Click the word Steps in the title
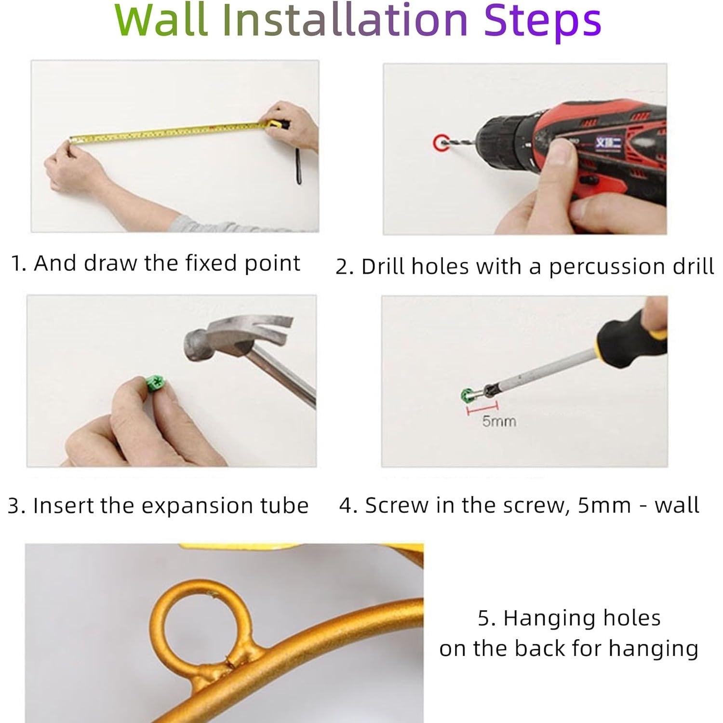pyautogui.click(x=543, y=22)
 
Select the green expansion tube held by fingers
pyautogui.click(x=155, y=384)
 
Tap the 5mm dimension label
pyautogui.click(x=499, y=421)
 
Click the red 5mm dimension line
pyautogui.click(x=482, y=409)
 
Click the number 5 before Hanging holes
pyautogui.click(x=483, y=618)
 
